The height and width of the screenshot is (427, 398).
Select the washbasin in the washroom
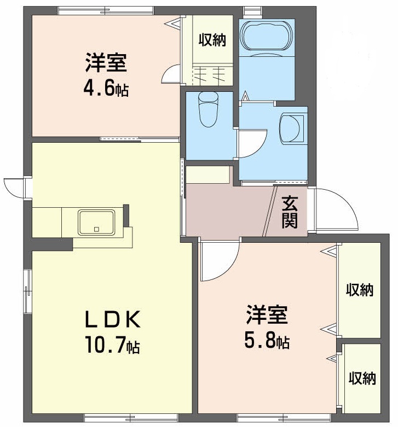coord(292,128)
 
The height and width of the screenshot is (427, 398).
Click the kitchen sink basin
coord(96,222)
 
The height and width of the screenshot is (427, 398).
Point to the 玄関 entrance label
coord(289,212)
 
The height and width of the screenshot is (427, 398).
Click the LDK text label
coord(113,319)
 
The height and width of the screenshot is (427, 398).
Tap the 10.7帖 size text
coord(112,344)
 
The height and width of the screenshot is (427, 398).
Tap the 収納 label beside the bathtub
coord(212,40)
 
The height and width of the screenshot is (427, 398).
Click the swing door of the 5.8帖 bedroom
coord(220,261)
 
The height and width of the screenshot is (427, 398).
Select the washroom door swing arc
coord(252,143)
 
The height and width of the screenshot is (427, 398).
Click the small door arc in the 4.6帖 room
coord(170,74)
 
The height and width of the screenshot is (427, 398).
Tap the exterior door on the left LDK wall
coord(15,189)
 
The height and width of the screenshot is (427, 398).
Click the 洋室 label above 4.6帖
coord(106,63)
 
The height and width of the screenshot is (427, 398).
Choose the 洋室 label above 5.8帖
coord(267,315)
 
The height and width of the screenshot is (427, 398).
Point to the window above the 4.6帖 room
coord(106,10)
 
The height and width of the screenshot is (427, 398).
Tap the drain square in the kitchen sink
coord(96,229)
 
